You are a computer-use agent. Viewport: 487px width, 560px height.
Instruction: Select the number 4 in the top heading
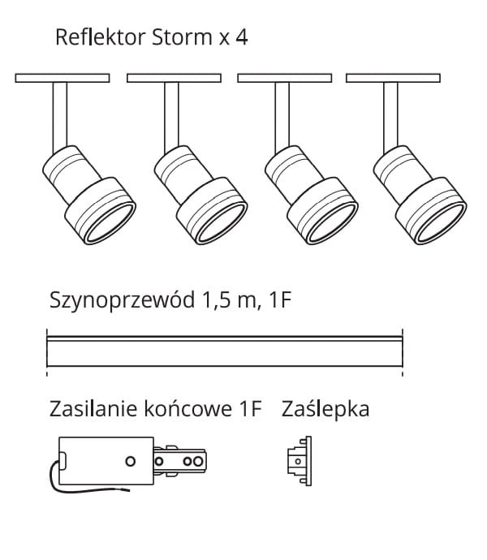241,37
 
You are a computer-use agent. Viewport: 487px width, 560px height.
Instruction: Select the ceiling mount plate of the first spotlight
62,79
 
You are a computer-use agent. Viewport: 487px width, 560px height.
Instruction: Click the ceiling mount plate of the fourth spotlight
393,79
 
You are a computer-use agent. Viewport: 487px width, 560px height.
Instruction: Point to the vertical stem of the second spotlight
172,114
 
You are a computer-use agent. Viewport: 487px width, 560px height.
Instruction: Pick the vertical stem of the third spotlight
282,114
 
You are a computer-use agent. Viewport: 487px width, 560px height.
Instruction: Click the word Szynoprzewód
119,302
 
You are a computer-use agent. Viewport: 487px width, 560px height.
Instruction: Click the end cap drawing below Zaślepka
299,461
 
